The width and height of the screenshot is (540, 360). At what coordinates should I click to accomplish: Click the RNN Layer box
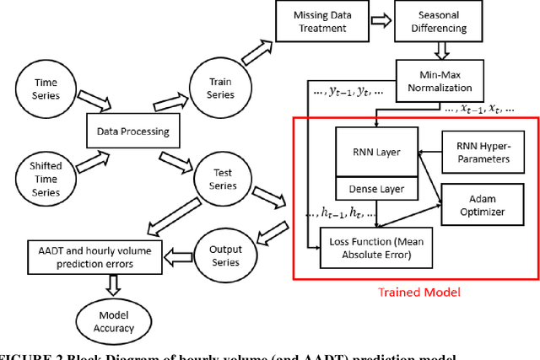tap(377, 152)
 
